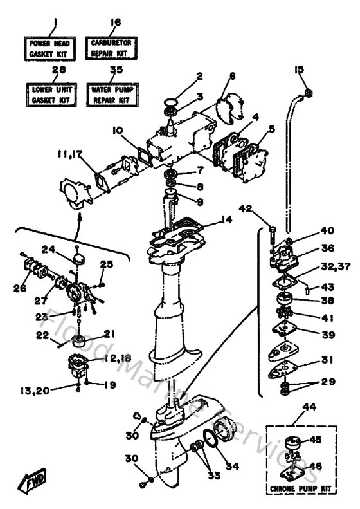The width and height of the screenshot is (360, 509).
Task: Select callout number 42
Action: click(246, 207)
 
